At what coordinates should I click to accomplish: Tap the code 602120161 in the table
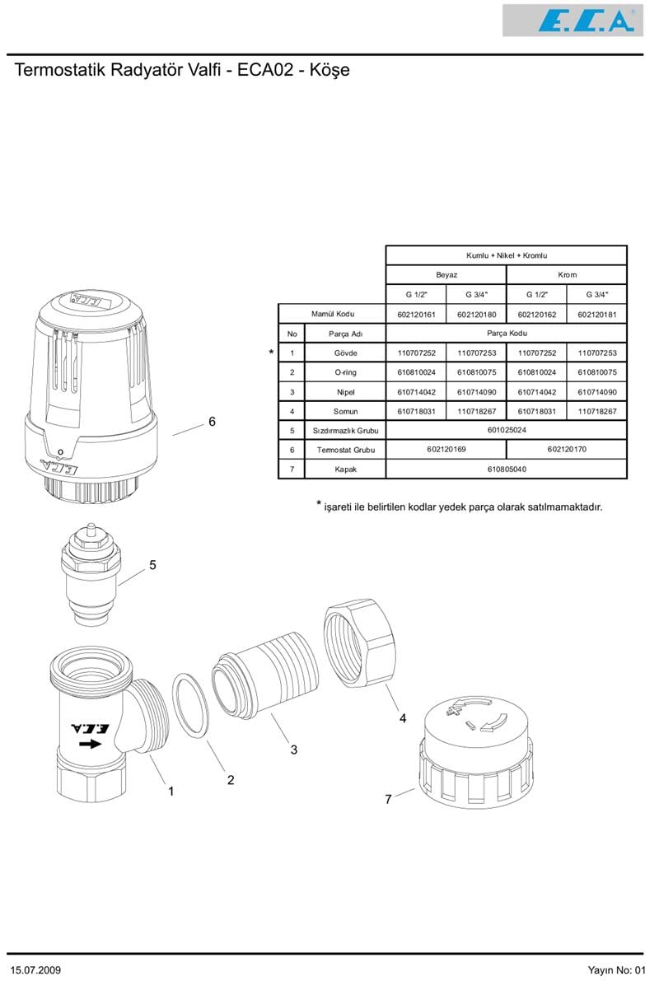416,314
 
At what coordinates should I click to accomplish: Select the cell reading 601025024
507,430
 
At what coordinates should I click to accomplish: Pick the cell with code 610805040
507,469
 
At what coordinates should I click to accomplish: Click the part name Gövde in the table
345,353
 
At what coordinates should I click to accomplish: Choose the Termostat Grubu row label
345,450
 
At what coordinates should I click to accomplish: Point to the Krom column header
567,274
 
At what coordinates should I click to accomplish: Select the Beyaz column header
446,274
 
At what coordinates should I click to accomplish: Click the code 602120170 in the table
567,450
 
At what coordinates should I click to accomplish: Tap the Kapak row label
345,469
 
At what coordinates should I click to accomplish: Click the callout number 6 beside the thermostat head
212,422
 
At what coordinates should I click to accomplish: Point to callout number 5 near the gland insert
152,565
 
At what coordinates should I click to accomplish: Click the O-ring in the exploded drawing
190,706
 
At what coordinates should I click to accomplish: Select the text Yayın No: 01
619,970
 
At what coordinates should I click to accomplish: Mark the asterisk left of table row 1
271,353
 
